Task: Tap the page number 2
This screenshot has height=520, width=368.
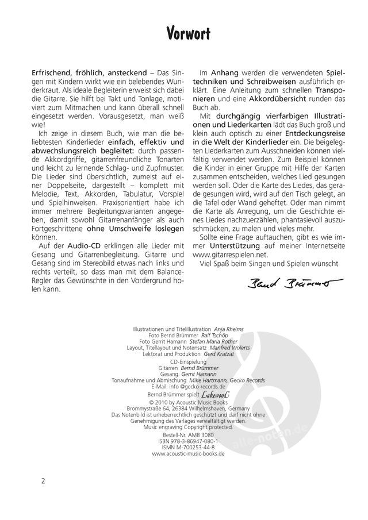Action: point(43,481)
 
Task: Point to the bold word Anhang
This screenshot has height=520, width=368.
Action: point(225,74)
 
